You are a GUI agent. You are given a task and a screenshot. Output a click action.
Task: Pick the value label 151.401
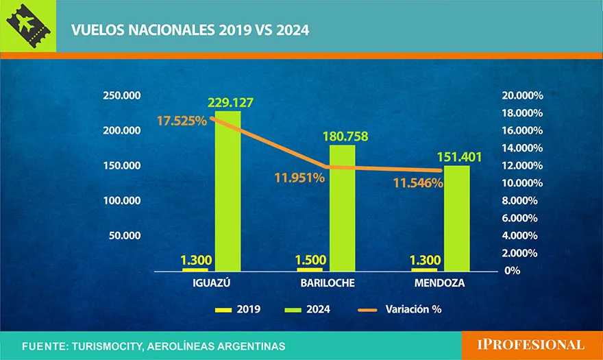coord(458,157)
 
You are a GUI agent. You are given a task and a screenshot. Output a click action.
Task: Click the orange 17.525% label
coord(182,121)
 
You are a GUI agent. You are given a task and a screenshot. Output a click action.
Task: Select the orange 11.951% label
coord(299,178)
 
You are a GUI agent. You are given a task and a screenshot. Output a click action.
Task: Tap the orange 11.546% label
coord(418,183)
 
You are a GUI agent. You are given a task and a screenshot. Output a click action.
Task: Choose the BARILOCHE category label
coord(324,283)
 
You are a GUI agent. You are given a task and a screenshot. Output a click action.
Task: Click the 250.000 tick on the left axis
coord(122,95)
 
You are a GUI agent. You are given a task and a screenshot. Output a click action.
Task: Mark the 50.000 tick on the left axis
coord(125,235)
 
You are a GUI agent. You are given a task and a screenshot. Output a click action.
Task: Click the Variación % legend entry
coord(400,309)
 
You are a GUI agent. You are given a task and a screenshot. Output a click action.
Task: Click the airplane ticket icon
coord(28,28)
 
